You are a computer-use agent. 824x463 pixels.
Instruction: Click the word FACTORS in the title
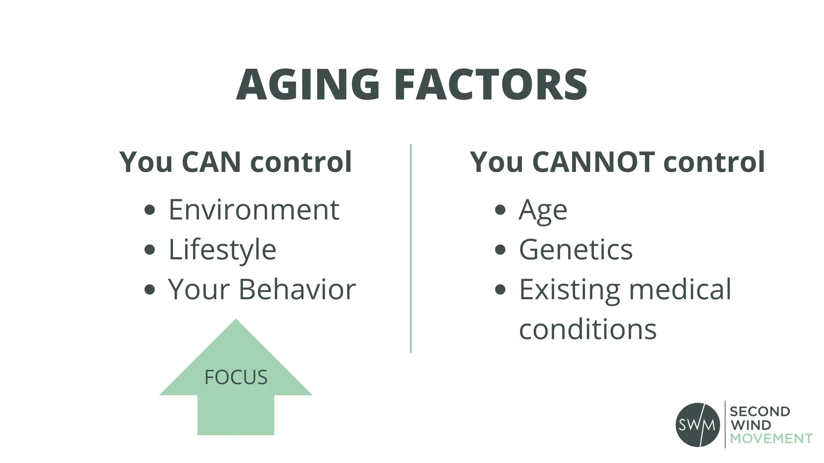[490, 84]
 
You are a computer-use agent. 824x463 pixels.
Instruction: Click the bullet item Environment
[254, 210]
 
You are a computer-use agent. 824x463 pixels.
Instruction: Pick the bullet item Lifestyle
[222, 250]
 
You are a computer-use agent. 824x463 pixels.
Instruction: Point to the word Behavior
[297, 289]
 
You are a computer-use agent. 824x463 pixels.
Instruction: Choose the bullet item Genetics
[576, 250]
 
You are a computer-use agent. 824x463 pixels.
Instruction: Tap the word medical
[680, 289]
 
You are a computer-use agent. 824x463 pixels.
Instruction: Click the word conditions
[588, 329]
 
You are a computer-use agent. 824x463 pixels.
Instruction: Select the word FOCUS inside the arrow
[236, 378]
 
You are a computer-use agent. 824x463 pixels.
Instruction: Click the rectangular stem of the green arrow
[236, 415]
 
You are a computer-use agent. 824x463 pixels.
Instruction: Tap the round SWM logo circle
[698, 425]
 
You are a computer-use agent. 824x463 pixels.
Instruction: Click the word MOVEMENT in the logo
[771, 439]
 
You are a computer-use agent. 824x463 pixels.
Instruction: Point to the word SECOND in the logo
[760, 412]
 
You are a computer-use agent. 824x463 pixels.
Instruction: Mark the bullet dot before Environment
[150, 210]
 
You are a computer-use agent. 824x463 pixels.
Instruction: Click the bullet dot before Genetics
[500, 250]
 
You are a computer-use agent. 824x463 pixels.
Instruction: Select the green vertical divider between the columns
[411, 248]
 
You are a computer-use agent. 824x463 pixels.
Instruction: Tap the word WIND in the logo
[751, 425]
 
